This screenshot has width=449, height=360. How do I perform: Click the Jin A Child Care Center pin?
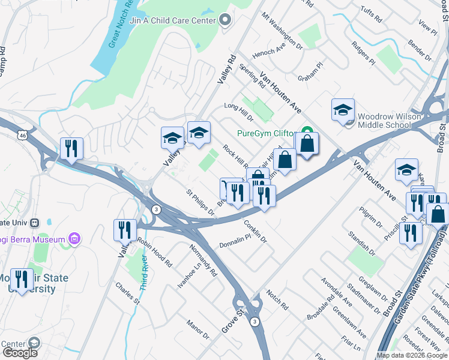tap(225, 21)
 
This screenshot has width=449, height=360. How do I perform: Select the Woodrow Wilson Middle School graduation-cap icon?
tap(343, 110)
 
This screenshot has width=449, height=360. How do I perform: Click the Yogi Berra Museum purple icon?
tap(74, 239)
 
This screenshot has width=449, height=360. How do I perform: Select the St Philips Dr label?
tap(200, 203)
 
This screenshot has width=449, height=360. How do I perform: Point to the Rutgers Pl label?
tap(363, 53)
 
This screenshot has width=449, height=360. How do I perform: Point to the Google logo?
tap(20, 352)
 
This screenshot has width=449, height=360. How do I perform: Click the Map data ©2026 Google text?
tap(411, 356)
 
